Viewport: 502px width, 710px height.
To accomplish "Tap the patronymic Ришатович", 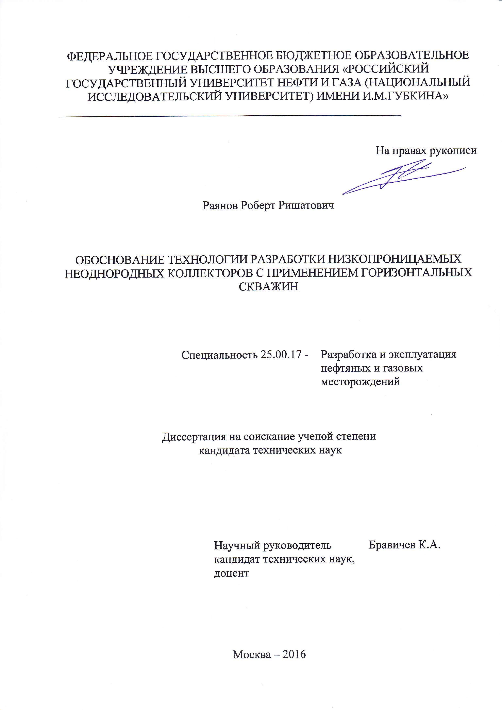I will pyautogui.click(x=306, y=205).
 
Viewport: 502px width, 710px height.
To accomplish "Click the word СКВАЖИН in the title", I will pyautogui.click(x=269, y=287).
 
